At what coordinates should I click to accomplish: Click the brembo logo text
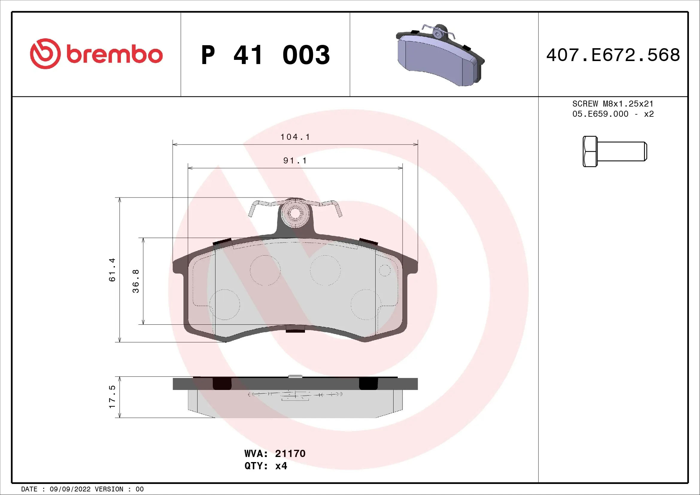[x=114, y=54]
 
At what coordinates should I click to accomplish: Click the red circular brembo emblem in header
[x=45, y=54]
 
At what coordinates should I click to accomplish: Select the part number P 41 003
[x=265, y=55]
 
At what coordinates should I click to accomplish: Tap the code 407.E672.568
[x=613, y=55]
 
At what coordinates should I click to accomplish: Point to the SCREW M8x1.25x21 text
[x=613, y=104]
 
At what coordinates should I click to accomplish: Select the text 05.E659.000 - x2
[x=613, y=114]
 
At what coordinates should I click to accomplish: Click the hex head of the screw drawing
[x=590, y=151]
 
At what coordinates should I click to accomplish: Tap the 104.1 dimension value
[x=295, y=137]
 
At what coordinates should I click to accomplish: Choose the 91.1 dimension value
[x=295, y=161]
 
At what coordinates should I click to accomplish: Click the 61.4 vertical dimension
[x=112, y=270]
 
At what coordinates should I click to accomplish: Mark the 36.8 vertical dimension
[x=136, y=281]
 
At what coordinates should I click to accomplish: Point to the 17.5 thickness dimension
[x=112, y=397]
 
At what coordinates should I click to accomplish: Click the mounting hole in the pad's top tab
[x=295, y=213]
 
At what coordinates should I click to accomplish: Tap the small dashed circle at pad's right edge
[x=385, y=270]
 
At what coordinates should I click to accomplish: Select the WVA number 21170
[x=290, y=453]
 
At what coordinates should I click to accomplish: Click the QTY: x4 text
[x=265, y=466]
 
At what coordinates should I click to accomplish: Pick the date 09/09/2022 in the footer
[x=70, y=489]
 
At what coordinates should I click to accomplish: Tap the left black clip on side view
[x=222, y=383]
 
